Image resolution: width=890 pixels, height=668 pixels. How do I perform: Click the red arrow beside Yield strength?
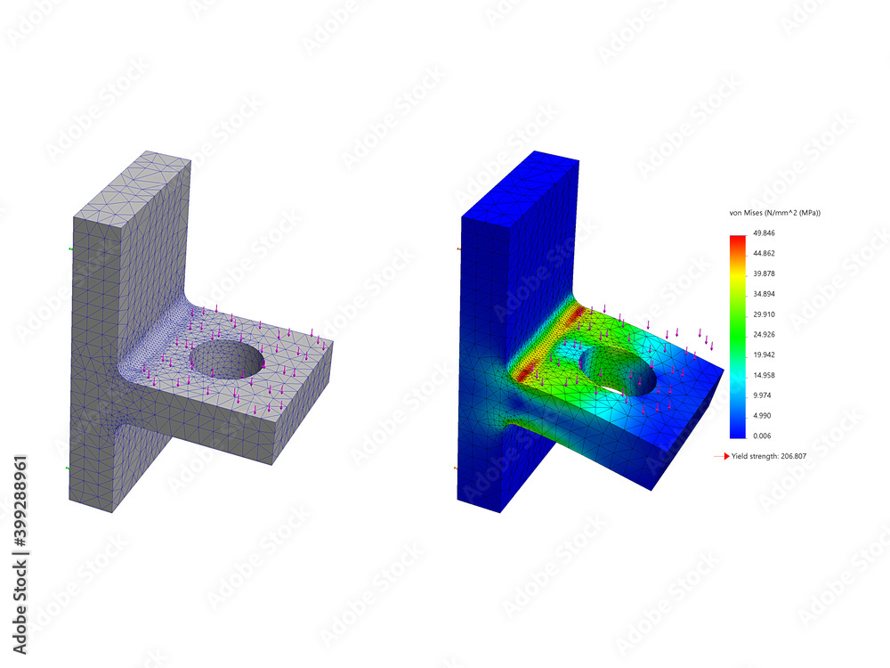point(721,456)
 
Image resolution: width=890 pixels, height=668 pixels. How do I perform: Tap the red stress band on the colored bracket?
point(543,344)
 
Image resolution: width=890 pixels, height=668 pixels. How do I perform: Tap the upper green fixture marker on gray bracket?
point(70,250)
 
